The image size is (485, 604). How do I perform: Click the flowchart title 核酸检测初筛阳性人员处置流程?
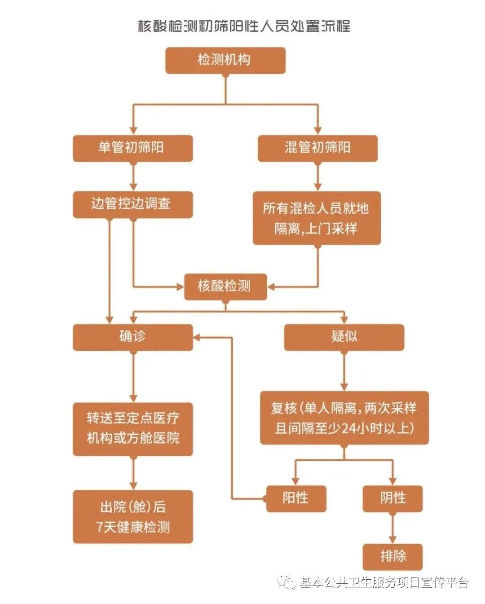click(x=244, y=26)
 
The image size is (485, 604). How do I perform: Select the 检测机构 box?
click(x=225, y=60)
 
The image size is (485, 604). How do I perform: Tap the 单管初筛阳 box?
click(x=133, y=148)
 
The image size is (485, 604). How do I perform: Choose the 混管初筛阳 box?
click(x=317, y=148)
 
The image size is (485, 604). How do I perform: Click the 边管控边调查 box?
click(x=133, y=205)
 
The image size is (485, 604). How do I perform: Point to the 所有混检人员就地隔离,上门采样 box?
click(x=317, y=218)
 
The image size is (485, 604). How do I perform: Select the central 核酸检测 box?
click(x=225, y=287)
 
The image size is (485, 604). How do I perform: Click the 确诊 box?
click(x=133, y=337)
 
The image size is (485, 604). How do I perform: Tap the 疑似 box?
click(x=344, y=337)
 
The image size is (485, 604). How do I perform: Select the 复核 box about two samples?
click(x=344, y=418)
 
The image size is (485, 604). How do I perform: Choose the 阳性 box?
click(x=296, y=499)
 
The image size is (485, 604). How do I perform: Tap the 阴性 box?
click(x=392, y=499)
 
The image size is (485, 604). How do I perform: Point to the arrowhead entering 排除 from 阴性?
click(x=392, y=540)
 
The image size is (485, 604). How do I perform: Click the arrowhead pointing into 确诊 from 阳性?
click(x=197, y=337)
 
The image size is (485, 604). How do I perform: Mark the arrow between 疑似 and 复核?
click(x=344, y=371)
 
